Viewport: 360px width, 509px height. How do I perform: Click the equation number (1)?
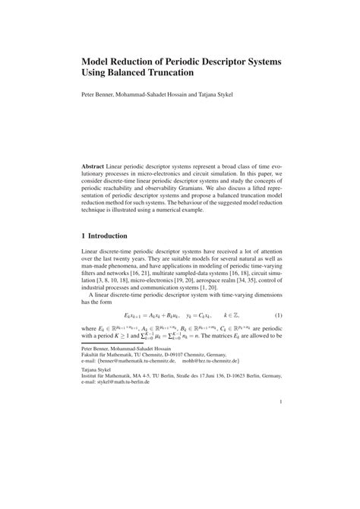pos(279,315)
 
